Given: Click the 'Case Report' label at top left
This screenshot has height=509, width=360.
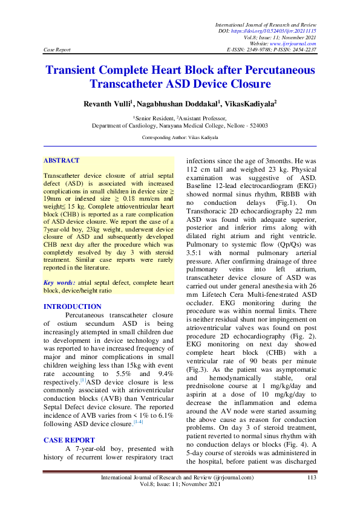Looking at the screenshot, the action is (57, 50).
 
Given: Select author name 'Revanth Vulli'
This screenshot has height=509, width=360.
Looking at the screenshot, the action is (107, 105).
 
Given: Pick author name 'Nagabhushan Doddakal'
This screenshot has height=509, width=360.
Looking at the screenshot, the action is (171, 105).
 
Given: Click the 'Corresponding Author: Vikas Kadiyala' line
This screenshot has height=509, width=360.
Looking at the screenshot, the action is (180, 138).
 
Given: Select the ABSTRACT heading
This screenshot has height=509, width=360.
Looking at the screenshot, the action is (61, 160).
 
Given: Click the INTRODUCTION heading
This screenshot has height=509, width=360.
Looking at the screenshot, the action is (69, 306).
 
